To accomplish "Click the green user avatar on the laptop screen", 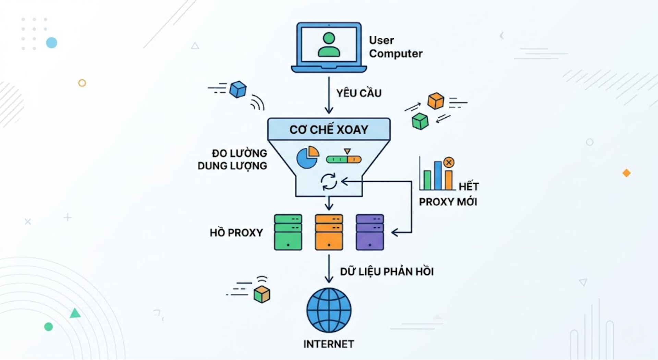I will pos(329,45).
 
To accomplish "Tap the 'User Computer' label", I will pos(395,47).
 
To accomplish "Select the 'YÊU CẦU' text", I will pos(358,93).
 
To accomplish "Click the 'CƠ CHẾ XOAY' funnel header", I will pos(329,129).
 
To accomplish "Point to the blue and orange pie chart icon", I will pos(307,157).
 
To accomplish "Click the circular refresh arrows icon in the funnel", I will pos(329,181).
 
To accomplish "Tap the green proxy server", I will pos(288,232).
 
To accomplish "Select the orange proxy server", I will pos(329,232).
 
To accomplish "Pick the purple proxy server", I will pos(369,232).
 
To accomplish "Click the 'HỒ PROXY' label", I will pos(236,233).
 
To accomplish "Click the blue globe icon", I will pos(329,310).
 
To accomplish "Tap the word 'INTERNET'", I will pos(328,344).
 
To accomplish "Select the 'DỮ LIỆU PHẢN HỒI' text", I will pos(387,272).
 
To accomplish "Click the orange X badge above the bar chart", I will pos(449,163).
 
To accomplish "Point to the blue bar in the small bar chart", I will pos(438,176).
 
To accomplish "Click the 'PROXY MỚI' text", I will pos(448,202).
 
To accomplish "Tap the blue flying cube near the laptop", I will pos(238,89).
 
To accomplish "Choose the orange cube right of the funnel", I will pos(436,101).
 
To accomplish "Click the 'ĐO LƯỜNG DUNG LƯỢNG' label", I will pos(232,159).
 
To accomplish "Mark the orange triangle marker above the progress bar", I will pos(348,151).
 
